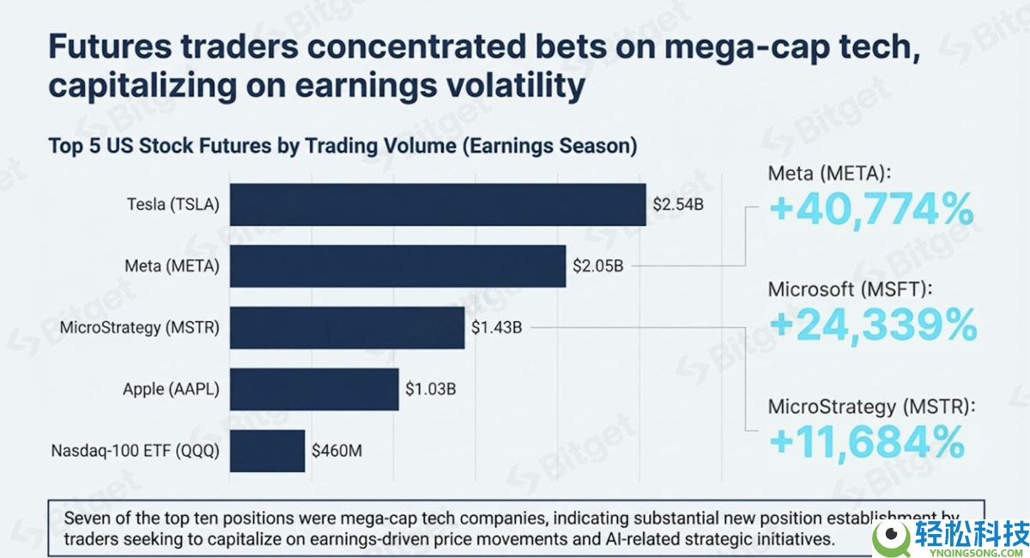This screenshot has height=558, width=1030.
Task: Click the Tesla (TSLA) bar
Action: point(438,204)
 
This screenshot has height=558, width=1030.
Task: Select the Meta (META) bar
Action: point(397,266)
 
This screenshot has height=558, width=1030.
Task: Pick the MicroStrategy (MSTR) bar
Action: point(347,328)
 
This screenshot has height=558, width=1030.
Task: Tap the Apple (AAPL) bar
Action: point(315,389)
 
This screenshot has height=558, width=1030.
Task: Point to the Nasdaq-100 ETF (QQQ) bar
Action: point(267,450)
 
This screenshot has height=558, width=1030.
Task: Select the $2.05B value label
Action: point(598,266)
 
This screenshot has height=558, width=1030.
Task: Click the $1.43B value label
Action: point(497,328)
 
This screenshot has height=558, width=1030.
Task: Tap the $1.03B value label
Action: point(431,389)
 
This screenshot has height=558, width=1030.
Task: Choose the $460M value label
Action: point(337,450)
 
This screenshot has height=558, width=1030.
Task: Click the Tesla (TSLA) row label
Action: point(173,204)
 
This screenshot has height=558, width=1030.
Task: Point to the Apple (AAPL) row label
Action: point(172,389)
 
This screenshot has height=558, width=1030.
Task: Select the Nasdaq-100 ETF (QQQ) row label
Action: point(136,450)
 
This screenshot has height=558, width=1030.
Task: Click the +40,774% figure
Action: point(871,210)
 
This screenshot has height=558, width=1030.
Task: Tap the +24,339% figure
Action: point(872,324)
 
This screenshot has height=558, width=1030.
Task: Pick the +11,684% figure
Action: point(867,441)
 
